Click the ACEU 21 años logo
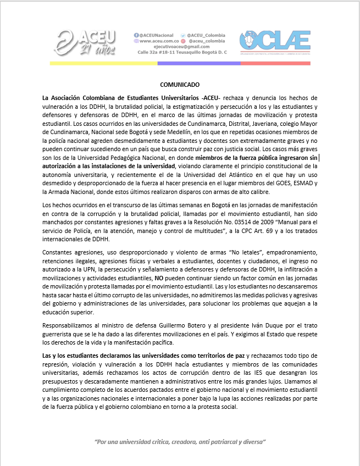click(x=87, y=43)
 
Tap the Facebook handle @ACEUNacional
click(x=157, y=35)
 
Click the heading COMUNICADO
click(x=180, y=85)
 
